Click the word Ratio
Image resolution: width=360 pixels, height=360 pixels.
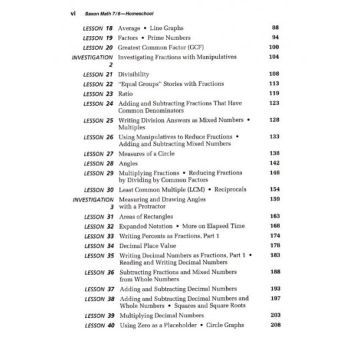coord(125,93)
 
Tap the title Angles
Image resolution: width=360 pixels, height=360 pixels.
coord(127,163)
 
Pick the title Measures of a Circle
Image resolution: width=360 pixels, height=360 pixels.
coord(147,153)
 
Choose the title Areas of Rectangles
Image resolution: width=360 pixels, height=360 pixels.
coord(145,217)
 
